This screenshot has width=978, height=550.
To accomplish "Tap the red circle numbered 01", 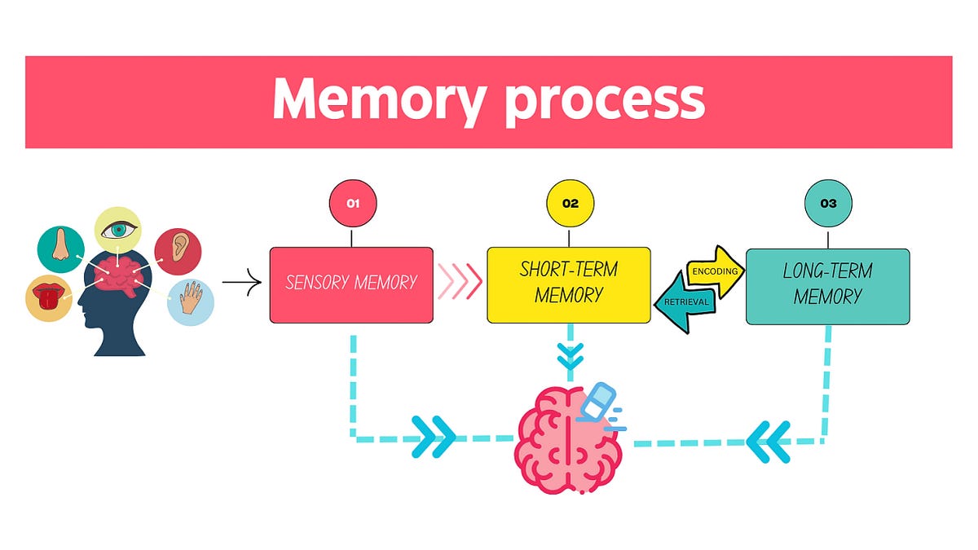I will coord(353,204).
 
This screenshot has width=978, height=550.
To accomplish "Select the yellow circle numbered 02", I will coord(570,204).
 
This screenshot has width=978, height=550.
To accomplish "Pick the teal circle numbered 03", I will coord(828,204).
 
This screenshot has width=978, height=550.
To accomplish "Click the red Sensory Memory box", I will coord(351,284).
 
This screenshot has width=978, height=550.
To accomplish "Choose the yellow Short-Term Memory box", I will coord(569,284).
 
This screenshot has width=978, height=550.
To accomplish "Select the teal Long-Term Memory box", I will coord(827,285).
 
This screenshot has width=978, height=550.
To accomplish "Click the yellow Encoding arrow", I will coord(716,271).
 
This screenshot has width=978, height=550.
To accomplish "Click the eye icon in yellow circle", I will coord(118,231).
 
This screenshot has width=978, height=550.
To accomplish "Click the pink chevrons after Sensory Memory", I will coord(460,283).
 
